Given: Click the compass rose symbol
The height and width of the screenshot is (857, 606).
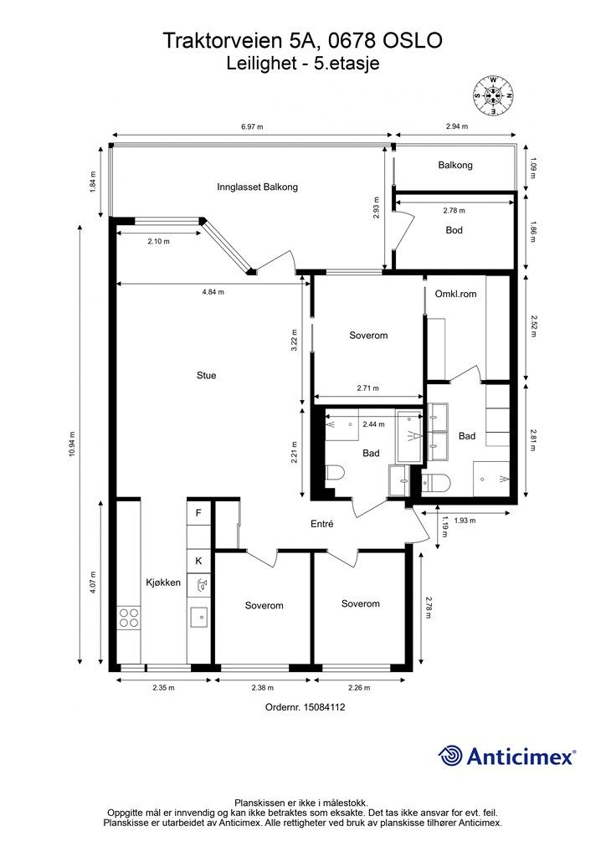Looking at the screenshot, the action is [493, 95].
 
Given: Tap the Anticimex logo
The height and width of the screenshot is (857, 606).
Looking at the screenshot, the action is [506, 756].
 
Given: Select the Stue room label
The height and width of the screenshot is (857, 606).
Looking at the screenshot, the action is [206, 376].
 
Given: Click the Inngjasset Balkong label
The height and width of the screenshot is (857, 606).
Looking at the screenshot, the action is [257, 187].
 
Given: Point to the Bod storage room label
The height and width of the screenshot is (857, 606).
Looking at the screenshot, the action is [454, 230].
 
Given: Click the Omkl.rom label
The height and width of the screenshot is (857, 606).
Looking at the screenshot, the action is [455, 294].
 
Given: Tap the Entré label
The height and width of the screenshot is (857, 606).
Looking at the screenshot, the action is [322, 524].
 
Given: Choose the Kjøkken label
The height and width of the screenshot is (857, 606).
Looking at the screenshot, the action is [163, 582].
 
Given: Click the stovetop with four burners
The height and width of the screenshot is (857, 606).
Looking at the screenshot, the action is [129, 618].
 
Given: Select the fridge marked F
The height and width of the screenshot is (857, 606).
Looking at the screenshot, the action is [199, 513].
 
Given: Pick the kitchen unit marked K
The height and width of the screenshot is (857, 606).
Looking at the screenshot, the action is [199, 561].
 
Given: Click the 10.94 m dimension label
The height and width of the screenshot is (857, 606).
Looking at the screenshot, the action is [73, 445].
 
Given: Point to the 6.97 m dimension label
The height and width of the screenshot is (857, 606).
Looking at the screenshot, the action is [252, 127].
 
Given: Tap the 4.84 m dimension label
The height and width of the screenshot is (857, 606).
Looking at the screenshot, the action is [213, 292].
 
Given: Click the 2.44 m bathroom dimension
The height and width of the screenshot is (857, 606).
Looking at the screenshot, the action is [373, 424].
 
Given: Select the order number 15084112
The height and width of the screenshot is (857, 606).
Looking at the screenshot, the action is [305, 706].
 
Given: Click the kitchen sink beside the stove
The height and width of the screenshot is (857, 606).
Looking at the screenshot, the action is [199, 618].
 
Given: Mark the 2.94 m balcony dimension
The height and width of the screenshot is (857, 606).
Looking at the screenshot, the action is [457, 127].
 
